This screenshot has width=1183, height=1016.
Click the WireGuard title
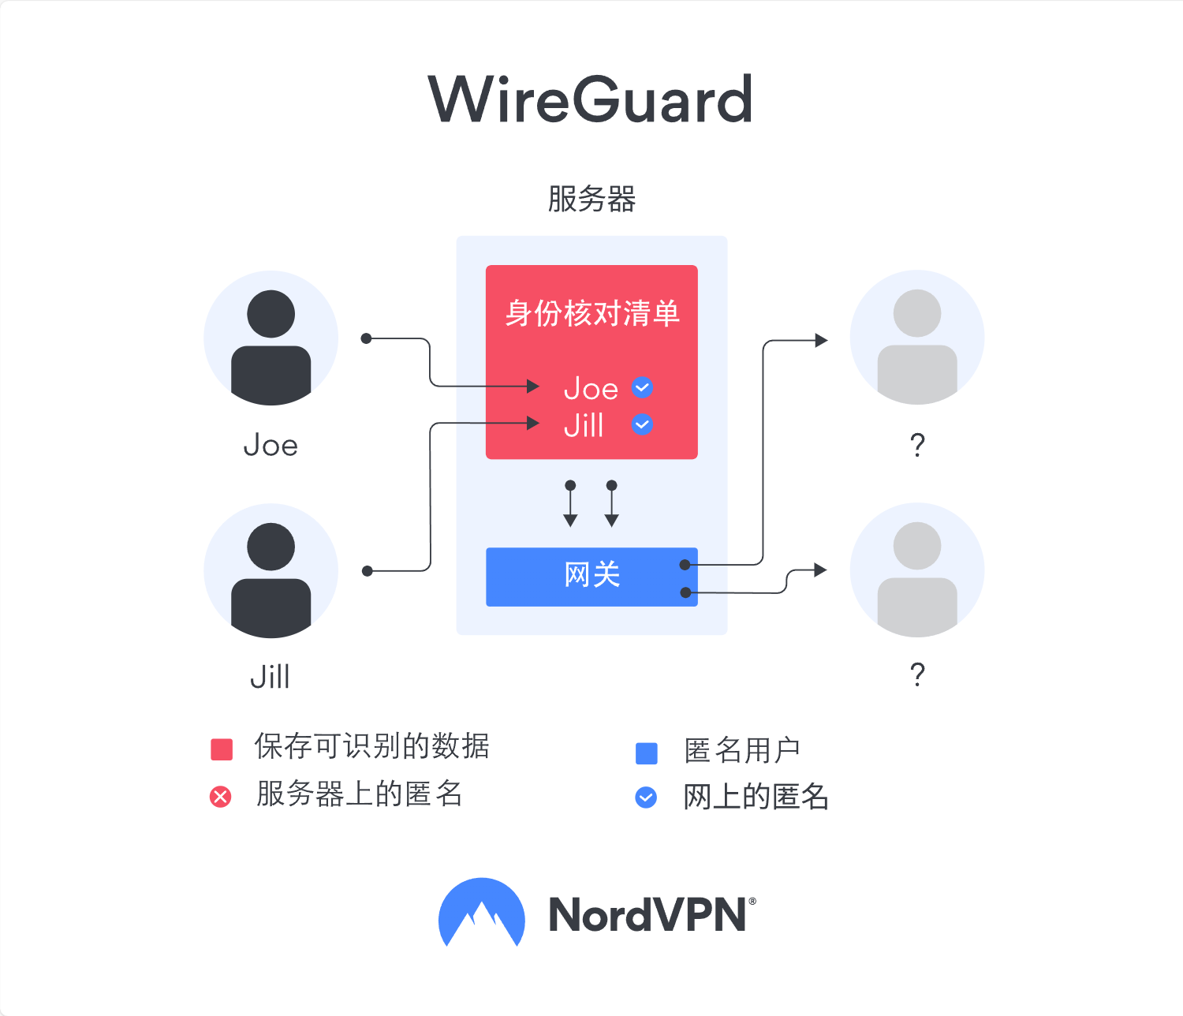click(590, 99)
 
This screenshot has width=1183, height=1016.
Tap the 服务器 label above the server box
click(591, 200)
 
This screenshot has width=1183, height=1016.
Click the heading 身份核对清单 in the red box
click(592, 313)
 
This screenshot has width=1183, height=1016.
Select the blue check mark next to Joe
click(642, 387)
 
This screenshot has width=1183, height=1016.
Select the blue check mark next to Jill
click(642, 424)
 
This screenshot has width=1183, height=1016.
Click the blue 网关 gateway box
click(591, 577)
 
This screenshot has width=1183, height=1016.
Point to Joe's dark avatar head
click(271, 314)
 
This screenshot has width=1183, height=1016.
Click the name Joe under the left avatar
click(271, 446)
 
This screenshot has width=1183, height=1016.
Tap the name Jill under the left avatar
click(271, 677)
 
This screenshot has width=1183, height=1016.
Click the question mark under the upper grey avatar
click(917, 445)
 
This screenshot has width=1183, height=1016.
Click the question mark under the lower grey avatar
click(917, 674)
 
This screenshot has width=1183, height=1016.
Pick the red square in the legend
click(222, 749)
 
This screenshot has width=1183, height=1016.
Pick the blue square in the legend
click(647, 753)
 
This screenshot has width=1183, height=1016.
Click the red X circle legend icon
click(220, 797)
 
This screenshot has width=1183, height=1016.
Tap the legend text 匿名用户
click(741, 750)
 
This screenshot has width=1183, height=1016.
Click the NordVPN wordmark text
click(652, 915)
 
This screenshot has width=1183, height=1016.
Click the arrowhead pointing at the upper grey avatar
click(821, 340)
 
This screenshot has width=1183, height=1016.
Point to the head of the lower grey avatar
click(917, 546)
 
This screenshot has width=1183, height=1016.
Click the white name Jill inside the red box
click(584, 425)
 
